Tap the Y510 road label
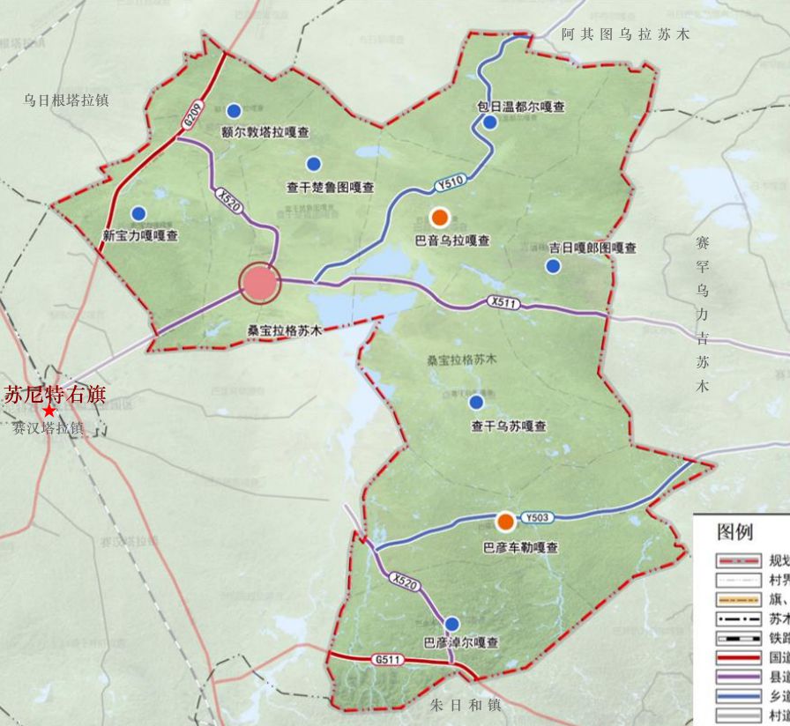coord(449,183)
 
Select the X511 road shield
coord(503,302)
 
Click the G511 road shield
coord(386,659)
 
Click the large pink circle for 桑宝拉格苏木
coord(259,283)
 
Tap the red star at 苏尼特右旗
coord(49,411)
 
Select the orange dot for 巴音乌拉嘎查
coord(439,217)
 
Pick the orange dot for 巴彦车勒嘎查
coord(505,522)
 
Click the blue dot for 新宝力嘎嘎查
coord(138,213)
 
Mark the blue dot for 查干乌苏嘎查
coord(476,403)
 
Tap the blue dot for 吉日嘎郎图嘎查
coord(553,266)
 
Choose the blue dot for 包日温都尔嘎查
coord(490,122)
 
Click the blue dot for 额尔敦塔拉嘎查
coord(234,110)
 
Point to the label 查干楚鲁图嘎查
coord(331,188)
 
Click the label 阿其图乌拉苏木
coord(625,34)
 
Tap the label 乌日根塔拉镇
coord(66,100)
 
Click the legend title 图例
coord(734,532)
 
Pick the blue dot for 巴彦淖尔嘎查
coord(452,624)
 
